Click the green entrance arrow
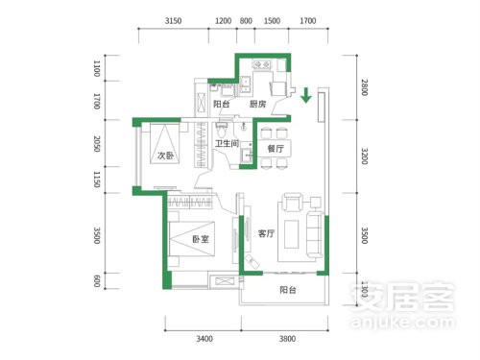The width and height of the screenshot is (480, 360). (306, 95)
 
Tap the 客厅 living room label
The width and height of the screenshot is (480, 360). (266, 233)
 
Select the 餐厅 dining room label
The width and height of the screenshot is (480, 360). (276, 149)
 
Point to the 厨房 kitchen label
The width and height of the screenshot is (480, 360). (257, 104)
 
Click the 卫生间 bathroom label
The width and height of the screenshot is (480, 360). (227, 143)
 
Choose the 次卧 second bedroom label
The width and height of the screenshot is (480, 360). (165, 156)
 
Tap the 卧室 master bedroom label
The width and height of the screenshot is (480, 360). (201, 239)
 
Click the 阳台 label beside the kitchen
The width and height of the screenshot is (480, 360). (222, 104)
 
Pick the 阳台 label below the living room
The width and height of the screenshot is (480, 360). (288, 290)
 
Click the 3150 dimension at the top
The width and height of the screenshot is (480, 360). (173, 21)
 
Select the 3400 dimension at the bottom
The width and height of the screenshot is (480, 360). (204, 339)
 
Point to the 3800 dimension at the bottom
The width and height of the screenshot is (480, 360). (287, 339)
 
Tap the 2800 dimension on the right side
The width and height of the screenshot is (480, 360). (365, 87)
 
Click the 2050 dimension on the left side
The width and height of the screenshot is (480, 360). (97, 144)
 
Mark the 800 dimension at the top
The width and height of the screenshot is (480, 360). (246, 21)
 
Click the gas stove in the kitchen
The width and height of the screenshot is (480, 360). (261, 65)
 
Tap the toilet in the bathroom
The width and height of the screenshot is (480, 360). (222, 131)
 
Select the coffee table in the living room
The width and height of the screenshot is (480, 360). (291, 234)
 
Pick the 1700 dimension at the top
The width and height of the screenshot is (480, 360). (308, 21)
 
